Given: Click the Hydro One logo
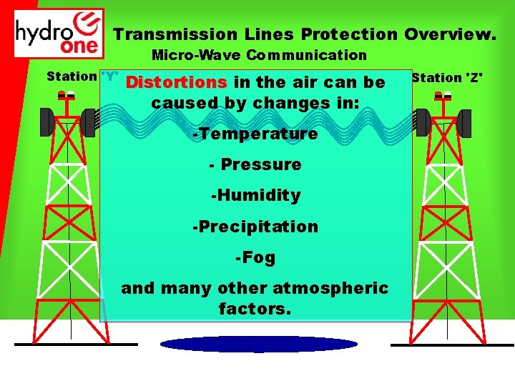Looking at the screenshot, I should pyautogui.click(x=59, y=33).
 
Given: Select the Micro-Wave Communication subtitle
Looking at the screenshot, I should pyautogui.click(x=259, y=55).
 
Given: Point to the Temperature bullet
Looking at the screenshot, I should pyautogui.click(x=255, y=134).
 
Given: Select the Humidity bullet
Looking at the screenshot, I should pyautogui.click(x=255, y=195).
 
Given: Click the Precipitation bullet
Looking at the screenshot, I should pyautogui.click(x=255, y=227).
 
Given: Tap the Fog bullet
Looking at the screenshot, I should pyautogui.click(x=255, y=257).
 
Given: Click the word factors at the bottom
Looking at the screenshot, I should pyautogui.click(x=255, y=310).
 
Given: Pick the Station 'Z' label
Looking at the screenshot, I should pyautogui.click(x=446, y=77).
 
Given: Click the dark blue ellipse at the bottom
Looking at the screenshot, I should pyautogui.click(x=258, y=345).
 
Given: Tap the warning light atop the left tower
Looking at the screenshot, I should pyautogui.click(x=67, y=96).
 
